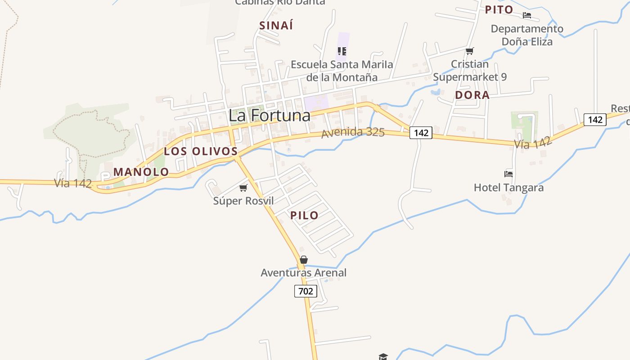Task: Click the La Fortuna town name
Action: click(269, 115)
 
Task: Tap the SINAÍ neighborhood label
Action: click(276, 26)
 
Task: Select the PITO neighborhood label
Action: click(499, 9)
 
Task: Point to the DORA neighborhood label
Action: click(472, 95)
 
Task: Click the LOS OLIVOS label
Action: click(201, 151)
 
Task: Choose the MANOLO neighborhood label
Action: click(141, 172)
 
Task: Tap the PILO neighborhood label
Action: click(304, 215)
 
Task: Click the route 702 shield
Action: click(306, 291)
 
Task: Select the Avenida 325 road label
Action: click(353, 132)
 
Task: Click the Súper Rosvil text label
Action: click(243, 201)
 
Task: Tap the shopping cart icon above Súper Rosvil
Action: click(243, 188)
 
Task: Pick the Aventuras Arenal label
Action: click(304, 273)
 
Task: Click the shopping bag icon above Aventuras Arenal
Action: click(304, 260)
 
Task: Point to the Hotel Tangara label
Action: click(508, 187)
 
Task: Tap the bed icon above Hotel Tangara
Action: click(508, 174)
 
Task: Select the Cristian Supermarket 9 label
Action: click(470, 71)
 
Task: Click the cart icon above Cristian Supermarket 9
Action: click(470, 51)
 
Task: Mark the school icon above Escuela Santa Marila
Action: click(342, 51)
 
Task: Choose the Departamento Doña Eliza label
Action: click(527, 35)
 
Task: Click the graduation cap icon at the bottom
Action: click(383, 356)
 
